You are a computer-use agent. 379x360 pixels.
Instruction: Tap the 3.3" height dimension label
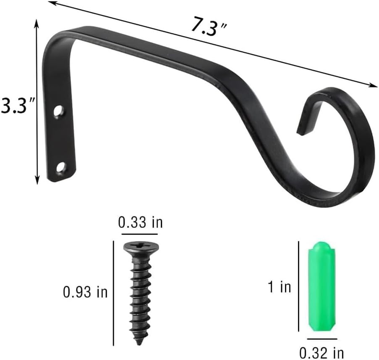pos(17,106)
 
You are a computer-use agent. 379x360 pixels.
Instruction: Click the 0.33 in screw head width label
pos(140,222)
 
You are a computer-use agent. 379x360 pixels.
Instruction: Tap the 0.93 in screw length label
pos(85,292)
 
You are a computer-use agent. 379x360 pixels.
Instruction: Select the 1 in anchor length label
pos(280,287)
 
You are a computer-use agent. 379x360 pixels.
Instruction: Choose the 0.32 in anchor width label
pos(322,353)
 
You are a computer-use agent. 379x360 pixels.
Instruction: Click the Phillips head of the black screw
pos(141,247)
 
